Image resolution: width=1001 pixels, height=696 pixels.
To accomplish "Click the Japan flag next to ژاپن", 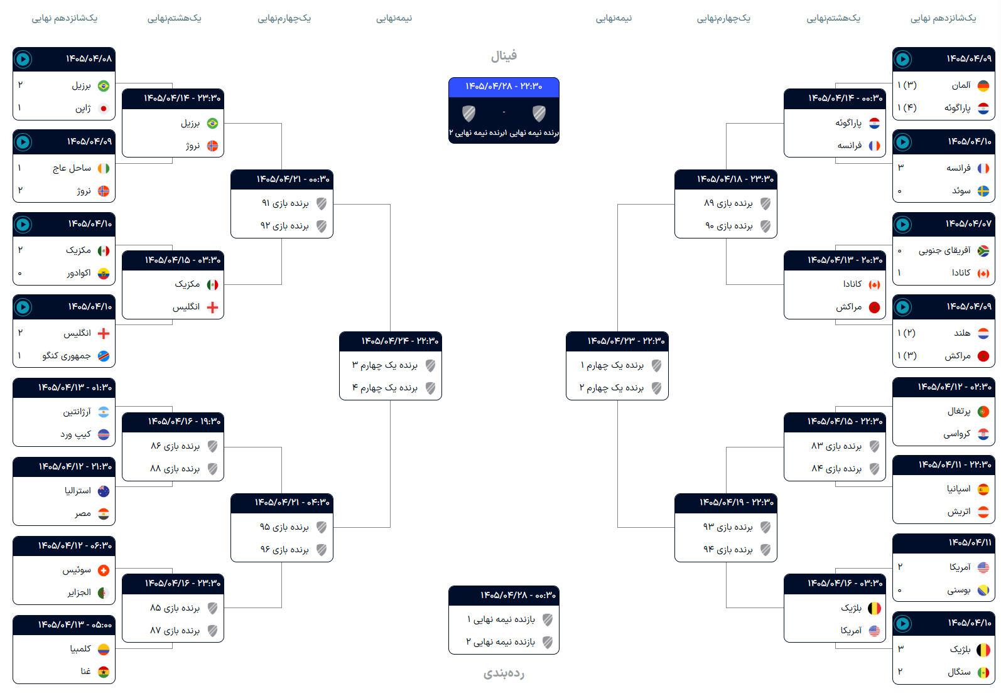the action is tap(104, 109).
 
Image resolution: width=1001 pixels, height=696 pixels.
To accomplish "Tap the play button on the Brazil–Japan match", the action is tap(23, 59).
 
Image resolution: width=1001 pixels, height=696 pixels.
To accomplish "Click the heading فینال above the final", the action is tap(504, 56).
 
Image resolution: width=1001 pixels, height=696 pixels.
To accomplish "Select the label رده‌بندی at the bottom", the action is tap(504, 673).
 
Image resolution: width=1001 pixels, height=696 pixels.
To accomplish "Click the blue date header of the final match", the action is tap(504, 87).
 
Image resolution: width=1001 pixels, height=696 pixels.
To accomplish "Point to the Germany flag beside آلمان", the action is tap(983, 85).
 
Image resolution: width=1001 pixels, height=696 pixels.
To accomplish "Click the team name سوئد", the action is tap(961, 191).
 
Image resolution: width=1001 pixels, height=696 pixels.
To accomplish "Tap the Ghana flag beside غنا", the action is tap(104, 672).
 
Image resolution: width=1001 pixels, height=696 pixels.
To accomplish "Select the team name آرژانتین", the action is tap(77, 412).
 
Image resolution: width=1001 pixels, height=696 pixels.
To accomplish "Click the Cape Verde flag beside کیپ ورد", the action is tap(104, 434).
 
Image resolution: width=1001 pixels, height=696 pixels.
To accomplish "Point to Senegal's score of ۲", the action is tap(901, 671).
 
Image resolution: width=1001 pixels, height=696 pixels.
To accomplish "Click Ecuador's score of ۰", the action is tap(20, 273).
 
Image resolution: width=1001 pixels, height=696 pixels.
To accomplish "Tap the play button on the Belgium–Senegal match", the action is tap(902, 624).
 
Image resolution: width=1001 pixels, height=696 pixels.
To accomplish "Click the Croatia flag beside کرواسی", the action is tap(983, 434).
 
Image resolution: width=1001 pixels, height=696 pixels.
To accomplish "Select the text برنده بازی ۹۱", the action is tap(285, 203).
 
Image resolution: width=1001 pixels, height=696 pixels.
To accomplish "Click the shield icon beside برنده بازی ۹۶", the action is tap(322, 550).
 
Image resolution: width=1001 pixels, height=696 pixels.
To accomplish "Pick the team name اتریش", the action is tap(959, 511).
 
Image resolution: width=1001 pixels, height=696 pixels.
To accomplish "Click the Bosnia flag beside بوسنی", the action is tap(983, 591).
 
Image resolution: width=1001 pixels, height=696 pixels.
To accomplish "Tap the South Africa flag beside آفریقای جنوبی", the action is tap(983, 251).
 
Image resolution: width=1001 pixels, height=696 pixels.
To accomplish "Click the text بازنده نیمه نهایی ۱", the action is tap(501, 619).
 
